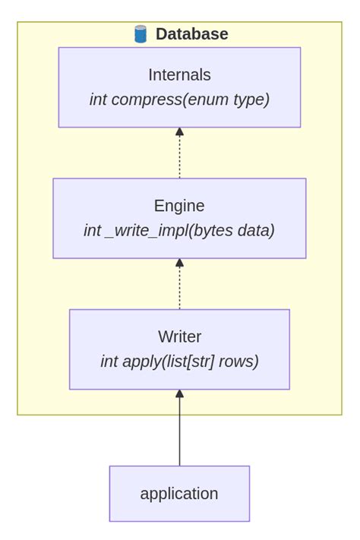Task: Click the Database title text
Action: (191, 34)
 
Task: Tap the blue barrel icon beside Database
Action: (141, 34)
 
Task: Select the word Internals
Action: (179, 75)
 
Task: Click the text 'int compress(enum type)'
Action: (179, 99)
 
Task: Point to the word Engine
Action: (179, 206)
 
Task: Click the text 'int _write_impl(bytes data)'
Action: (179, 230)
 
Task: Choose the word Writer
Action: (179, 336)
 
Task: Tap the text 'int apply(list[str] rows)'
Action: (179, 361)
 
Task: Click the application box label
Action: (179, 494)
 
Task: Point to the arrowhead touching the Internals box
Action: (180, 132)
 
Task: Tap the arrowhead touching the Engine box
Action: (180, 263)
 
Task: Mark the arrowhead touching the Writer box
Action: (180, 393)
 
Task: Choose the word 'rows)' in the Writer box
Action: (239, 361)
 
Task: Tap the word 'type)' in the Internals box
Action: (251, 99)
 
